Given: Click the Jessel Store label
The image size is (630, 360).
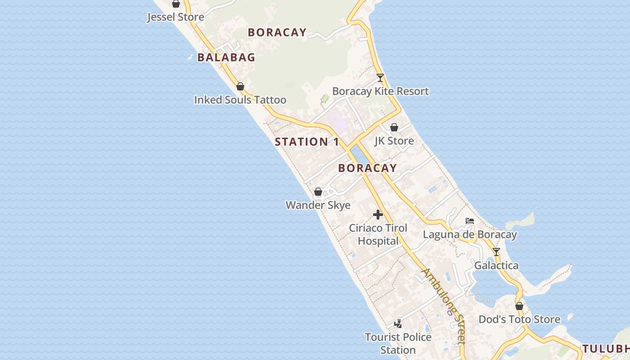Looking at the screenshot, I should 175,17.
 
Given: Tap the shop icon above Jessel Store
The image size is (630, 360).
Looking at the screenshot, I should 176,4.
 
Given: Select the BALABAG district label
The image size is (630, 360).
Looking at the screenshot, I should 226,57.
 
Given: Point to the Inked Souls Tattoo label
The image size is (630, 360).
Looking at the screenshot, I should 240,99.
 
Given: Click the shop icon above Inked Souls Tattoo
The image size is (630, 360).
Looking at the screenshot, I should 240,86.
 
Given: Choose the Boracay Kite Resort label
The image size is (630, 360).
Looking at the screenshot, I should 380,91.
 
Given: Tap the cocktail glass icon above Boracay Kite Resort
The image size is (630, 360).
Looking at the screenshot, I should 380,78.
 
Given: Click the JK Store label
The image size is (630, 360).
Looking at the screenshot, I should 394,141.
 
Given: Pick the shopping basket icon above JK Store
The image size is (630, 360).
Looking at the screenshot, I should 394,128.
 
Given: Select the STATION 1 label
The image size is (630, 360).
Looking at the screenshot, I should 307,142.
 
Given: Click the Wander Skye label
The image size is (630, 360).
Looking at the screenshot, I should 318,205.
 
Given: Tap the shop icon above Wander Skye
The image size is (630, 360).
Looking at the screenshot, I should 318,192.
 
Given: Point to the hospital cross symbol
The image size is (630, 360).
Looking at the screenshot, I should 378,215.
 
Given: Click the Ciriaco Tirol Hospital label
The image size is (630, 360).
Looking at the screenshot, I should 378,234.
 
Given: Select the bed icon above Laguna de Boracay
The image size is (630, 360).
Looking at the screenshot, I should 470,221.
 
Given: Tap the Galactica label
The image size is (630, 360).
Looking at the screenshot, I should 496,265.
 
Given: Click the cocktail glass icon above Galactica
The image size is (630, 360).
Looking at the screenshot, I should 496,252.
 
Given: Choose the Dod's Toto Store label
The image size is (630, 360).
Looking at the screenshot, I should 519,319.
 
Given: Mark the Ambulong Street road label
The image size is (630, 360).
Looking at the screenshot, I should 443,306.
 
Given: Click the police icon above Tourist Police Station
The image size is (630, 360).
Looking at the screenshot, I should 398,324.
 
